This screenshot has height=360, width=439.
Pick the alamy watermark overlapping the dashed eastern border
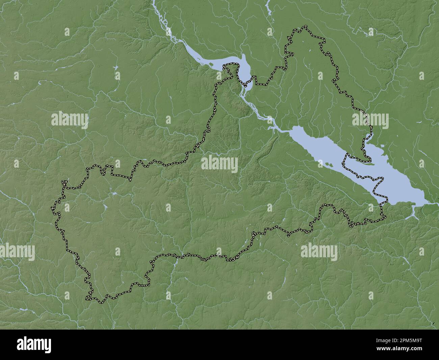(x=370, y=121)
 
